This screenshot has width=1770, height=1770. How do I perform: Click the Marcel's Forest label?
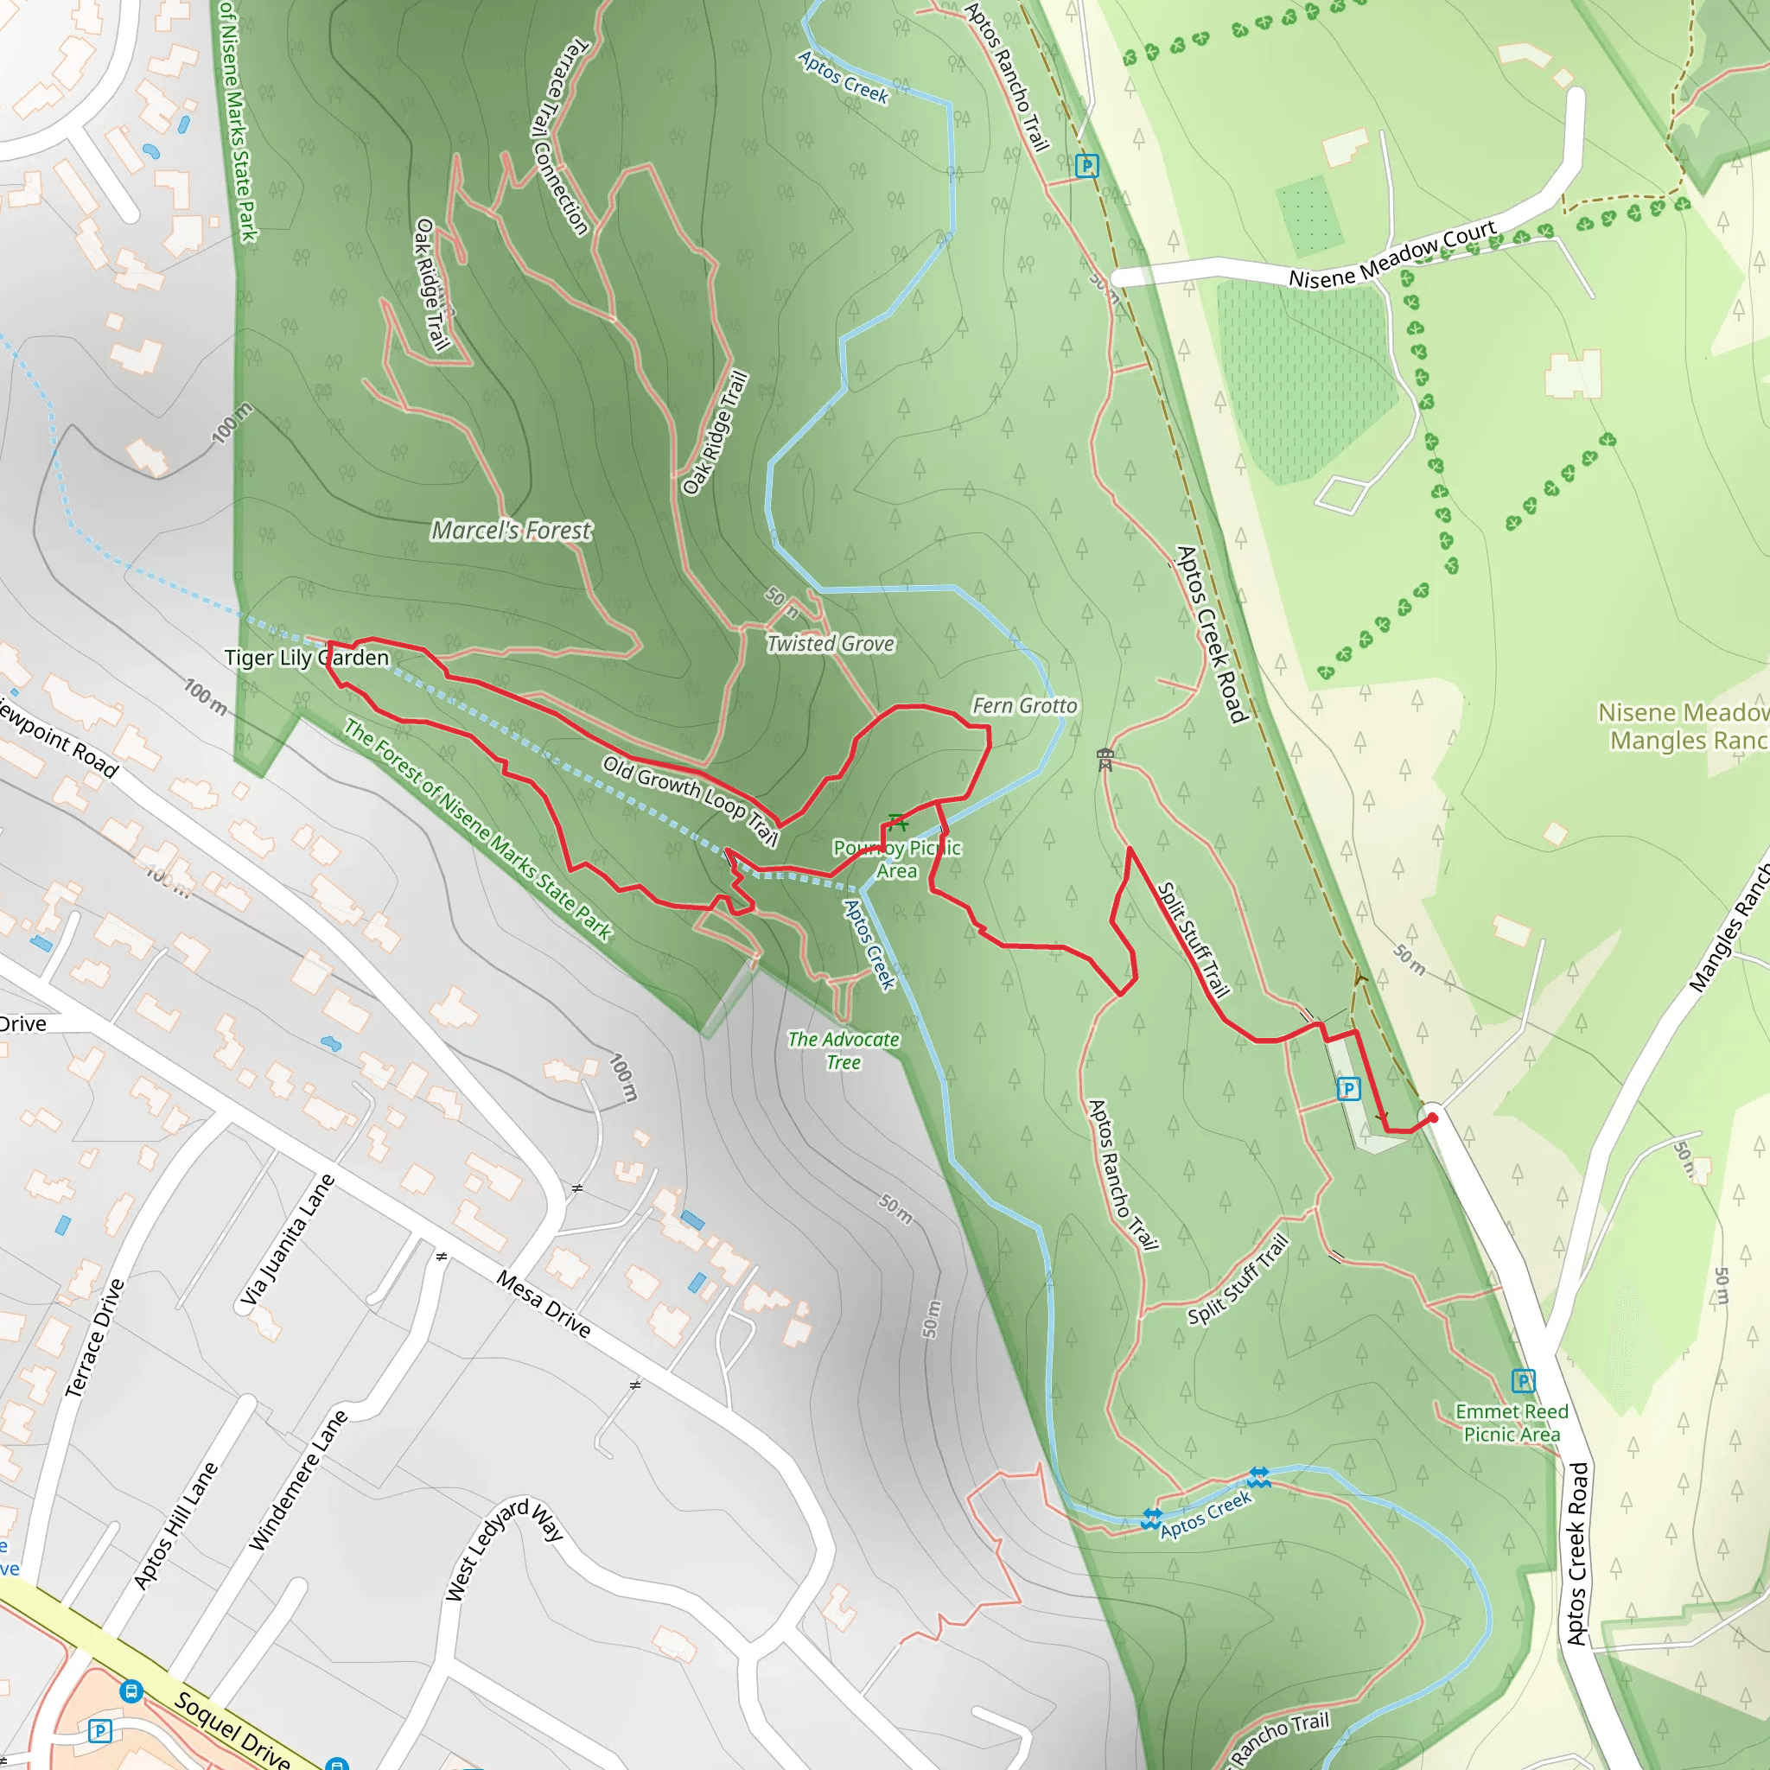(x=512, y=531)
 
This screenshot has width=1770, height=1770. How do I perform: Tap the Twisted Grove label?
(x=830, y=644)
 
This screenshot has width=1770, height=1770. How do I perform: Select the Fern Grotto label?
(x=1024, y=705)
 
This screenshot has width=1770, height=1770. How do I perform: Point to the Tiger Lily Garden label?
(x=307, y=658)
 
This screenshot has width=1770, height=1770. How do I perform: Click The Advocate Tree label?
(x=843, y=1051)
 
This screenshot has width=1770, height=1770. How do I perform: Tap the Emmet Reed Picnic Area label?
(x=1512, y=1423)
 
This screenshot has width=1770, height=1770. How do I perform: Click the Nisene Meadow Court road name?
(x=1391, y=254)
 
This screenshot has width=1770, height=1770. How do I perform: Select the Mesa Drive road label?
(x=544, y=1302)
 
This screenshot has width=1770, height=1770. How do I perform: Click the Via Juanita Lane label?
(x=288, y=1239)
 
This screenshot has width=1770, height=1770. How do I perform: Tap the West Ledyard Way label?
(x=503, y=1550)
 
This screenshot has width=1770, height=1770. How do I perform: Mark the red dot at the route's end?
(x=1433, y=1117)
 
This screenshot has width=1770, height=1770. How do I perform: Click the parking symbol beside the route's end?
(x=1347, y=1088)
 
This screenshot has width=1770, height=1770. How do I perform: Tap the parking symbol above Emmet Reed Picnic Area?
(x=1523, y=1380)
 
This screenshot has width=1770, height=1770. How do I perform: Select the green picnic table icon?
(x=897, y=821)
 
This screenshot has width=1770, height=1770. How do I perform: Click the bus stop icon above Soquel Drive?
(x=131, y=1690)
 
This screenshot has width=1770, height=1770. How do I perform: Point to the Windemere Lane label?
(x=299, y=1479)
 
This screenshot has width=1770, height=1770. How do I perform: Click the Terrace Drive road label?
(x=94, y=1338)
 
